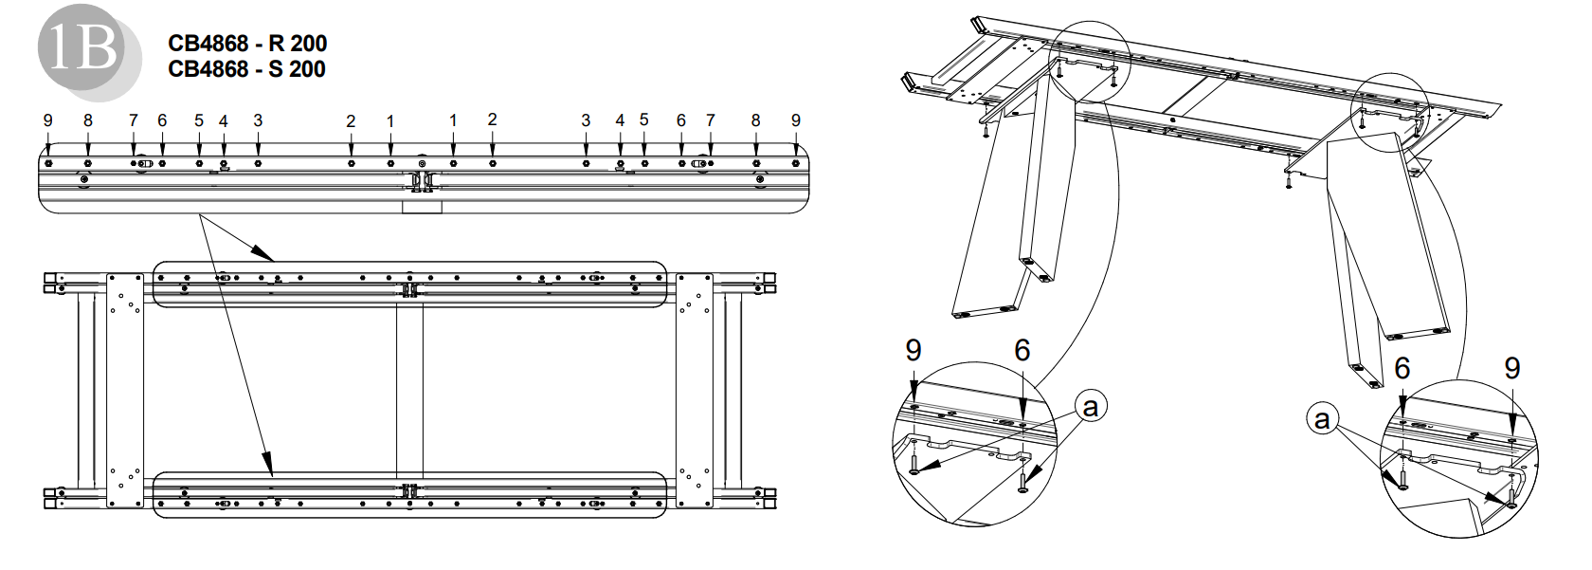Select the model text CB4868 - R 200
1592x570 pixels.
point(247,44)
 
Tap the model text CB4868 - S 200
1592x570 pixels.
point(246,69)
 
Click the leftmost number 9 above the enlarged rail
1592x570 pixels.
point(48,120)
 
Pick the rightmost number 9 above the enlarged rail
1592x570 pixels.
point(796,120)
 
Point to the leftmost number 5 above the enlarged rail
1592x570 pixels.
point(199,120)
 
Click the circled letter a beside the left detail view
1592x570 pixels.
point(1091,407)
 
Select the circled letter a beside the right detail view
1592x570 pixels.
point(1322,418)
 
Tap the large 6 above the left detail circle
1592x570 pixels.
point(1022,351)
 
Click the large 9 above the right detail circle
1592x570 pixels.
point(1512,368)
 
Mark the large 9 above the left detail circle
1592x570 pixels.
point(914,351)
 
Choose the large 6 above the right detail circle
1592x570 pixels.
point(1402,368)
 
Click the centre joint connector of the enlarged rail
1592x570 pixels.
point(422,180)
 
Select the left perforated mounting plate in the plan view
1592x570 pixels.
point(124,389)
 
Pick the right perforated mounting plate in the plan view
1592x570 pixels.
point(694,389)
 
